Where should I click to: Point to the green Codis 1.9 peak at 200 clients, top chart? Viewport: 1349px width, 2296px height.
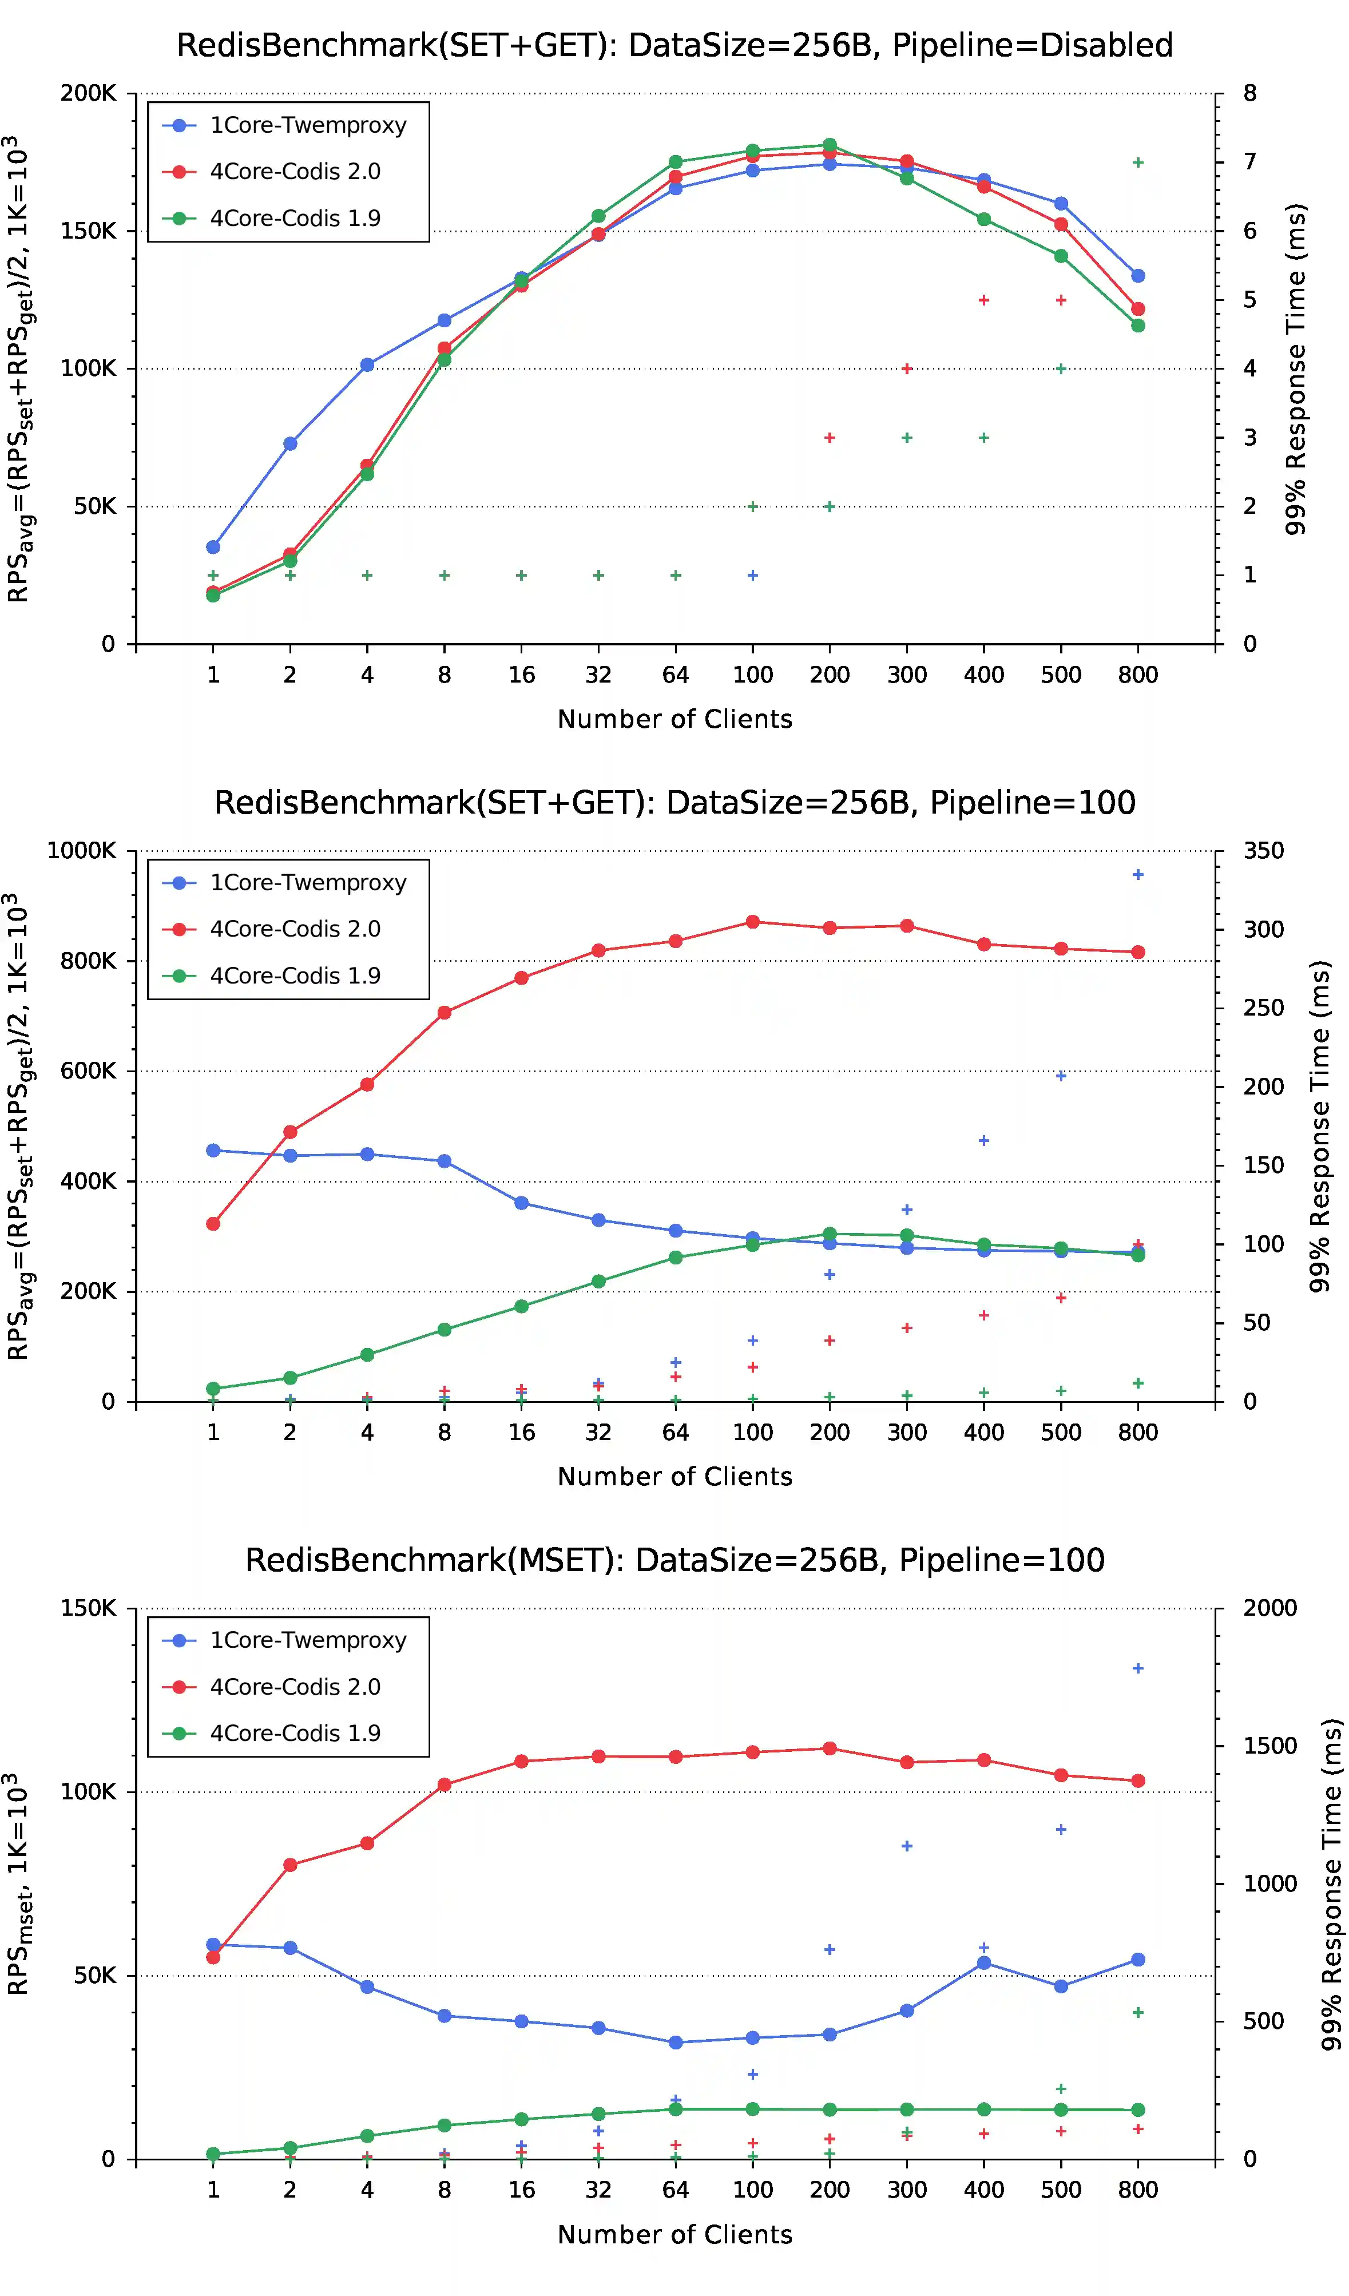pyautogui.click(x=830, y=145)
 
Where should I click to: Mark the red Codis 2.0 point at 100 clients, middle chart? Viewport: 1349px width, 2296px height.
pyautogui.click(x=752, y=922)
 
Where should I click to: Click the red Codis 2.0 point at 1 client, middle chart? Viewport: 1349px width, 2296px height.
pyautogui.click(x=213, y=1224)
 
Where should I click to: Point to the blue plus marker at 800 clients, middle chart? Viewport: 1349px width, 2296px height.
pyautogui.click(x=1138, y=875)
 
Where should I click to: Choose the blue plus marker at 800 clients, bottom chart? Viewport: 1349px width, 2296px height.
pyautogui.click(x=1138, y=1668)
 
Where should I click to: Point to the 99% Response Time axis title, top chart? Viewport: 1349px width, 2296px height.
pyautogui.click(x=1295, y=369)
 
